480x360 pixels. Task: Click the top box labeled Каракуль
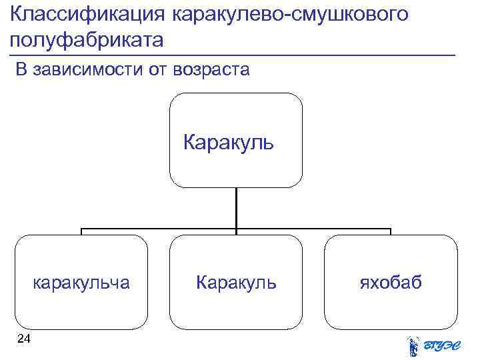click(x=236, y=139)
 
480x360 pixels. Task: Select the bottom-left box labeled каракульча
click(x=81, y=282)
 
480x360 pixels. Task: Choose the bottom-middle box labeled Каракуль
click(x=236, y=282)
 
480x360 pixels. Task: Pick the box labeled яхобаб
click(x=391, y=282)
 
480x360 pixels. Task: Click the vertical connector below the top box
click(x=236, y=208)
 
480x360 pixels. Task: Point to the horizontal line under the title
click(x=233, y=54)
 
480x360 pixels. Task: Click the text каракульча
click(x=81, y=283)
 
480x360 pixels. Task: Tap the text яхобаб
click(x=391, y=283)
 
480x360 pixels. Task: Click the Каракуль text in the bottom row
click(x=236, y=283)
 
